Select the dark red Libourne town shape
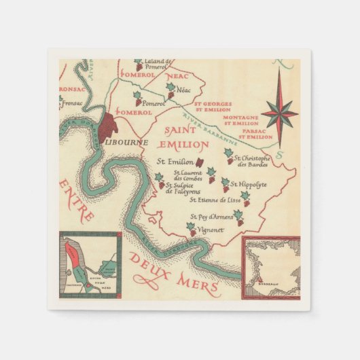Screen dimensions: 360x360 tap(110, 126)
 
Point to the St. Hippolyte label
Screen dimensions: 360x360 tap(249, 184)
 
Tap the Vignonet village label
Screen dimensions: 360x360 tap(210, 230)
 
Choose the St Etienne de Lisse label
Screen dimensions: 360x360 tap(215, 200)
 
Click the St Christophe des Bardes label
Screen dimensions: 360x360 tap(257, 160)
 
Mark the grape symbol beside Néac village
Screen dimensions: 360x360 tap(171, 90)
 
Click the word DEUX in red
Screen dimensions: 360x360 tap(149, 262)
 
